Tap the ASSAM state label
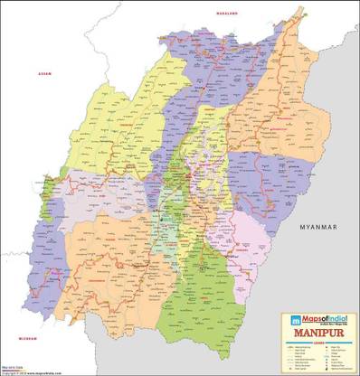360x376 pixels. (42, 73)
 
